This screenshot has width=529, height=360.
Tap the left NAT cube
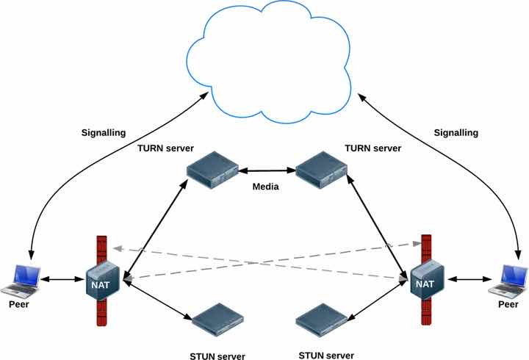click(103, 281)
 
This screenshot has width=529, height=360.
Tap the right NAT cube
click(427, 280)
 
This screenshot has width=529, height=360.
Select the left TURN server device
click(212, 170)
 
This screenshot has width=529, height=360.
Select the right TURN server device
click(321, 170)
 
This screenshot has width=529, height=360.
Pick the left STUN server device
click(217, 320)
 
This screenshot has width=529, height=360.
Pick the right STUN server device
click(322, 320)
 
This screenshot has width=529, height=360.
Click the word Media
click(265, 187)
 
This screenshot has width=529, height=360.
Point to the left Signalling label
click(104, 133)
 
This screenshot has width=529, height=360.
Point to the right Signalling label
click(456, 133)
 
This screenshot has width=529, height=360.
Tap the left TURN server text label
click(165, 148)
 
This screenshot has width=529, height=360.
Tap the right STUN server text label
click(326, 356)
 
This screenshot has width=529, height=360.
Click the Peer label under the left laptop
click(19, 304)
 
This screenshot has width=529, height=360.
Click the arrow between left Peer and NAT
click(62, 279)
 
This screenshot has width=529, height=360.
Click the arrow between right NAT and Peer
click(469, 279)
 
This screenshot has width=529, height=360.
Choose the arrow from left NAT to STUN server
click(158, 300)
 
